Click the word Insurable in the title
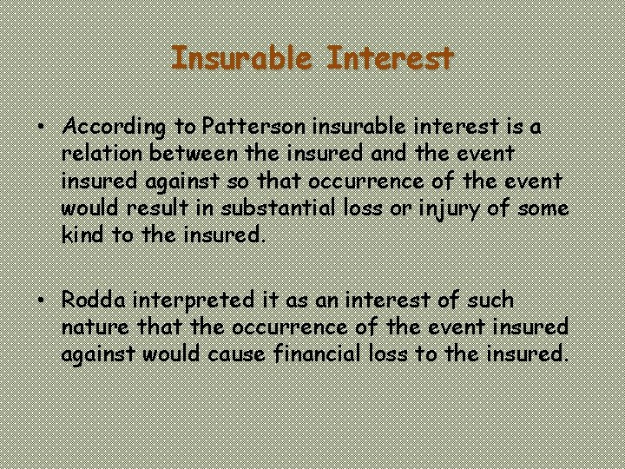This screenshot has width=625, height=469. [244, 59]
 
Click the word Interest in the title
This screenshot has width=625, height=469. [391, 59]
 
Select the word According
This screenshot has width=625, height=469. [115, 128]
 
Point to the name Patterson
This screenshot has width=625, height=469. [253, 127]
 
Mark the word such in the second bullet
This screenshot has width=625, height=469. [490, 301]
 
